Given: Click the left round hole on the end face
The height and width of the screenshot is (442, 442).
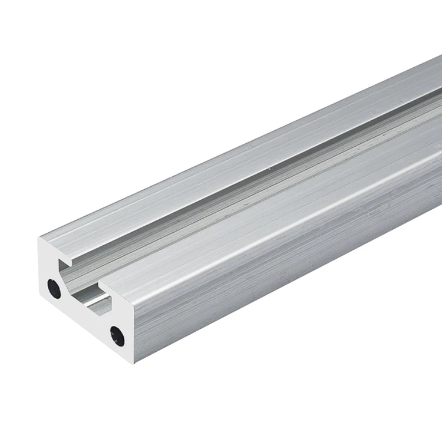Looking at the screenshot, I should tap(54, 288).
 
